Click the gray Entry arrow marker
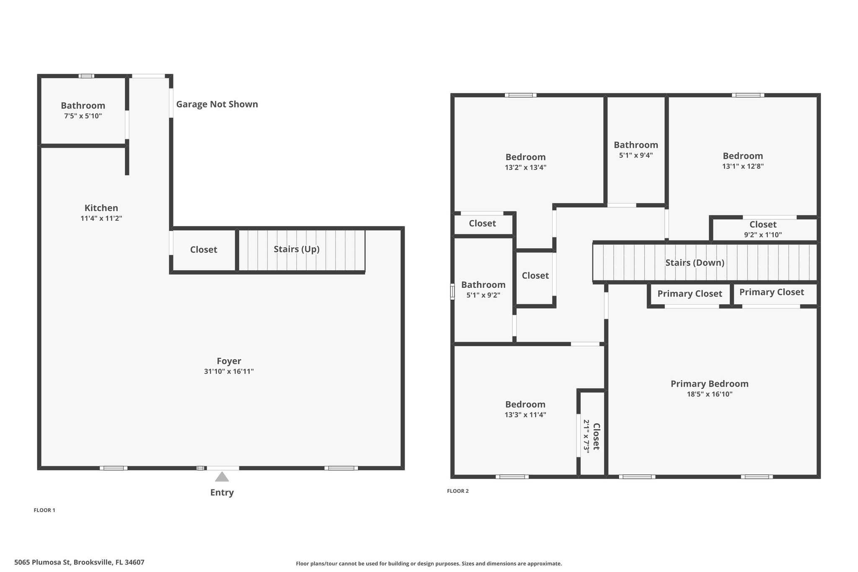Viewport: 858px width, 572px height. [x=222, y=477]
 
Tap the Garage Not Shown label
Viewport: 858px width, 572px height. [x=217, y=104]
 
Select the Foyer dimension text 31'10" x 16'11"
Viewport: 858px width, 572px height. [x=229, y=371]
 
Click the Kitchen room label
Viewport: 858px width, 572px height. [x=101, y=208]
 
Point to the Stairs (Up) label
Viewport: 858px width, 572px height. [x=297, y=249]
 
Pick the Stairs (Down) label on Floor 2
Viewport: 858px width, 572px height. [x=695, y=263]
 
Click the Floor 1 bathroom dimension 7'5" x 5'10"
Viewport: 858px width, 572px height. [x=83, y=116]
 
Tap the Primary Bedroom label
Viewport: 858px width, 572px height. [x=710, y=384]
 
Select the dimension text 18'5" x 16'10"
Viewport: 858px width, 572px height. [x=710, y=394]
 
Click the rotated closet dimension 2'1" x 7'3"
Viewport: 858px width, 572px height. [x=587, y=436]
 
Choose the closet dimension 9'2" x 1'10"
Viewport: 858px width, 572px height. [x=763, y=235]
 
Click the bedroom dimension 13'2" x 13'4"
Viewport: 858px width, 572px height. [x=525, y=168]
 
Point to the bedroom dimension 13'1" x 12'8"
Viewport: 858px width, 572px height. [x=743, y=166]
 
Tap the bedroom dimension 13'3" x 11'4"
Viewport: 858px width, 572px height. [x=525, y=415]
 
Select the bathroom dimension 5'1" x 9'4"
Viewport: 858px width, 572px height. [x=636, y=155]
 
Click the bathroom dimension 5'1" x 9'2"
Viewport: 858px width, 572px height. [x=483, y=295]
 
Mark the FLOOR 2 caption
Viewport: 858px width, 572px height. [x=458, y=491]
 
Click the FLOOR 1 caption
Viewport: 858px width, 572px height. [x=44, y=510]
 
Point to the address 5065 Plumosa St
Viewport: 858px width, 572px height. [x=43, y=562]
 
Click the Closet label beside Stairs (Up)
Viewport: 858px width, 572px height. [x=204, y=250]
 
